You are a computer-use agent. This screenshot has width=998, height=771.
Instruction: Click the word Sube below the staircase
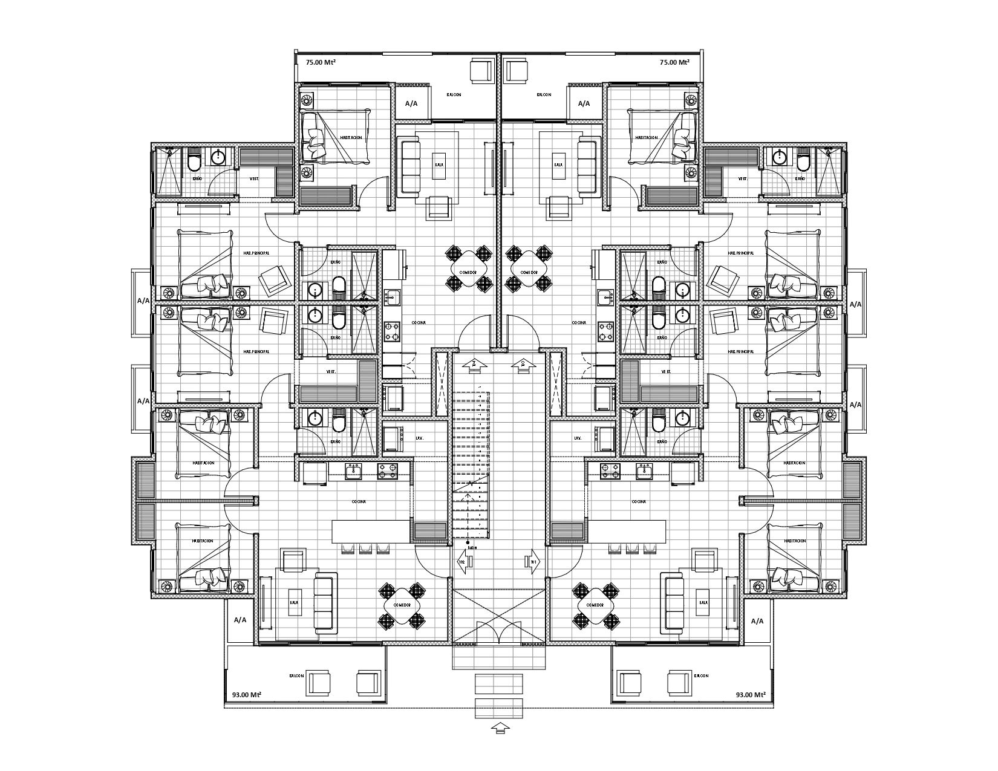pos(472,548)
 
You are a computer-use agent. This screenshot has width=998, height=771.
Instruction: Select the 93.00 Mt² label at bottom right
pos(752,695)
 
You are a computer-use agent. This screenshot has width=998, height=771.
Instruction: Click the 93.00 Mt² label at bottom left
pos(247,695)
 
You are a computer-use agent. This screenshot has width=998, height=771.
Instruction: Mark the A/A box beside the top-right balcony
pos(584,103)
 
